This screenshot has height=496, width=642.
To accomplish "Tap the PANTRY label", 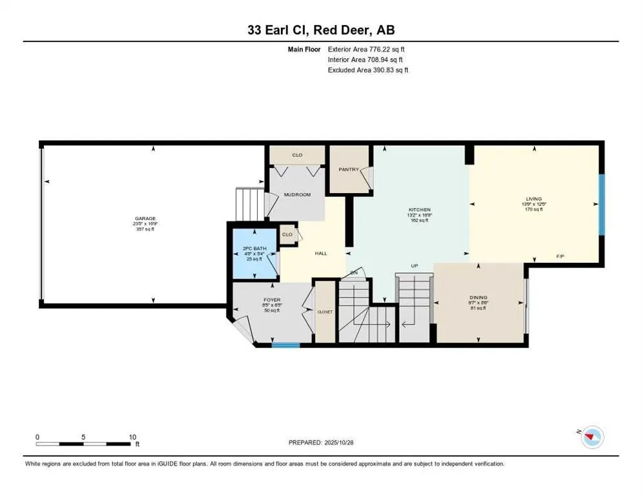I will coord(349,170).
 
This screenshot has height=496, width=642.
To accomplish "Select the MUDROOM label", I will coord(298,194).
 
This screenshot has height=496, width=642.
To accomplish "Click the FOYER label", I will coord(271,300).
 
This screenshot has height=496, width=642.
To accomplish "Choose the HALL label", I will coord(321,253).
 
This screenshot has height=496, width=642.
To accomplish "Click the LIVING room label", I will coord(533,199).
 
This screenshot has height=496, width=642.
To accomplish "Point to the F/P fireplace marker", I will coord(561,256).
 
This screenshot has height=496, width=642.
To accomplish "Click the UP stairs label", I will coord(415,265).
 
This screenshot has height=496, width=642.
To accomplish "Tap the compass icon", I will coord(592,437).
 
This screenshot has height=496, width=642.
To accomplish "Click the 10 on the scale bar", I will coord(131,437).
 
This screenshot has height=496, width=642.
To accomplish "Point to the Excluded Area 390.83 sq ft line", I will coord(368,70).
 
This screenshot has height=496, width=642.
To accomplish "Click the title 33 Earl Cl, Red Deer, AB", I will coord(320,30).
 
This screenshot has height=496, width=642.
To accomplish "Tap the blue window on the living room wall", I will coord(601,204).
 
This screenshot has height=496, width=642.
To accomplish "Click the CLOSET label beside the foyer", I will coord(324,311).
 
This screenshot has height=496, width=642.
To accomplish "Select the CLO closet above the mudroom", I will coord(297,156).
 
